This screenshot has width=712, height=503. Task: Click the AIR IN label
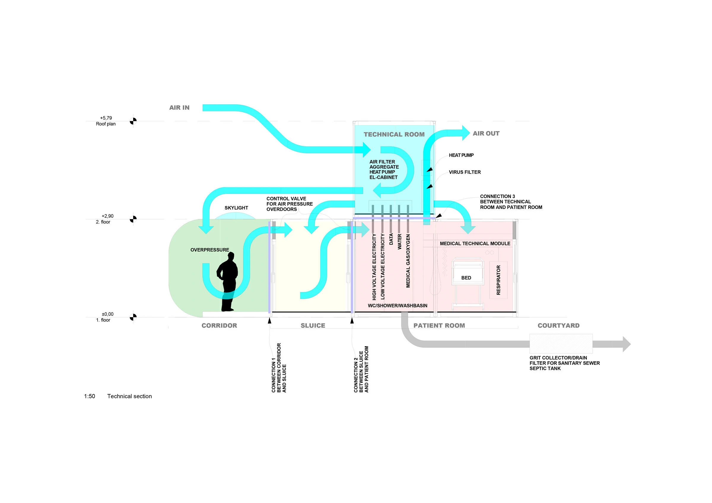pos(179,108)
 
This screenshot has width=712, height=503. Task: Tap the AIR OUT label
pos(486,133)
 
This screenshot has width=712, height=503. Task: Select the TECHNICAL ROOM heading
pos(394,134)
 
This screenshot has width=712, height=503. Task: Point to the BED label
pos(466,278)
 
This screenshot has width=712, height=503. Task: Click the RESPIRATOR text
pos(498,280)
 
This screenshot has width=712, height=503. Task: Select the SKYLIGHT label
pos(236,208)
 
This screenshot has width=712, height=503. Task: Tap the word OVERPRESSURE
pos(210,250)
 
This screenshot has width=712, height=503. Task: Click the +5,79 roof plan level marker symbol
pos(133,121)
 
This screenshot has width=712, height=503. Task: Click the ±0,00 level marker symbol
pos(133,317)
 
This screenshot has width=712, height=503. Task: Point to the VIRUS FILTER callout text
pos(465,172)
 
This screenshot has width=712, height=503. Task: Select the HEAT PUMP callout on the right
pos(461,155)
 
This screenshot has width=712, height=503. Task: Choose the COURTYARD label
pos(559,325)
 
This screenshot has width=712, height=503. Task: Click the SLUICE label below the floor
pos(313,325)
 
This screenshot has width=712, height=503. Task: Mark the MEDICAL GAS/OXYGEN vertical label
pos(408,261)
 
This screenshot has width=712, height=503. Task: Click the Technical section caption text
pos(130,396)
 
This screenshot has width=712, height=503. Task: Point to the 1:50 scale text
pos(90,396)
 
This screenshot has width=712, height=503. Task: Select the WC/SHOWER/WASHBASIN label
pos(398,306)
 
